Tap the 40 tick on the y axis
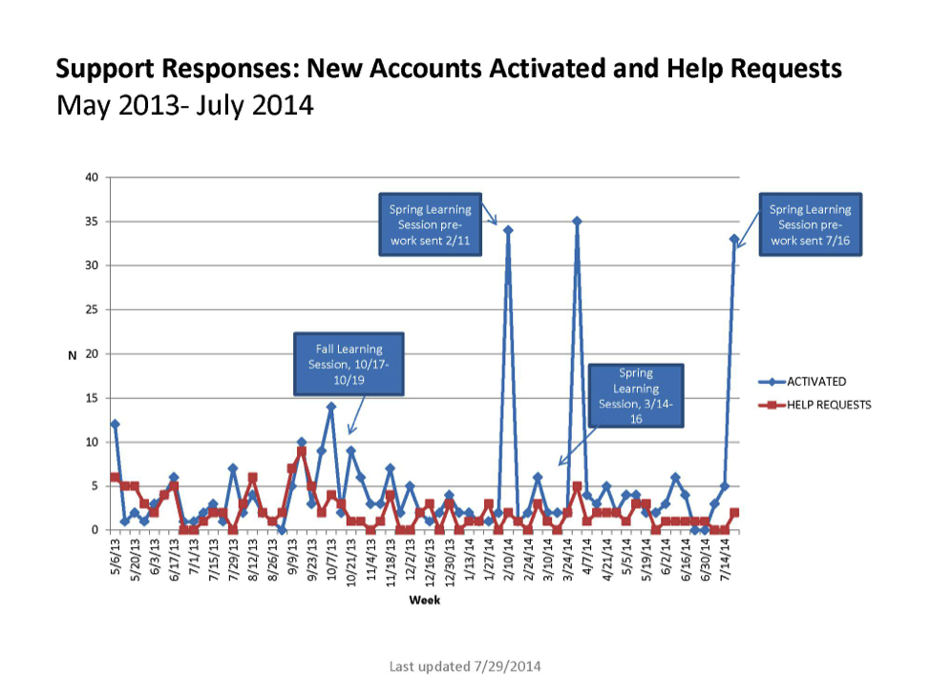[92, 178]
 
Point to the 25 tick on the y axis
[92, 309]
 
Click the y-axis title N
[71, 354]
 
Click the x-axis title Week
[424, 601]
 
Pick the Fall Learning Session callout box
[349, 365]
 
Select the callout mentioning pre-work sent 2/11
[430, 225]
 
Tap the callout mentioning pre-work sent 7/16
[810, 225]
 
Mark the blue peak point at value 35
[577, 222]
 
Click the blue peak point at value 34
[508, 230]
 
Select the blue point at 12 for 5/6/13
[116, 424]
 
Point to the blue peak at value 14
[331, 407]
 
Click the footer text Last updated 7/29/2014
[465, 666]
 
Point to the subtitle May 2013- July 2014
[185, 105]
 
